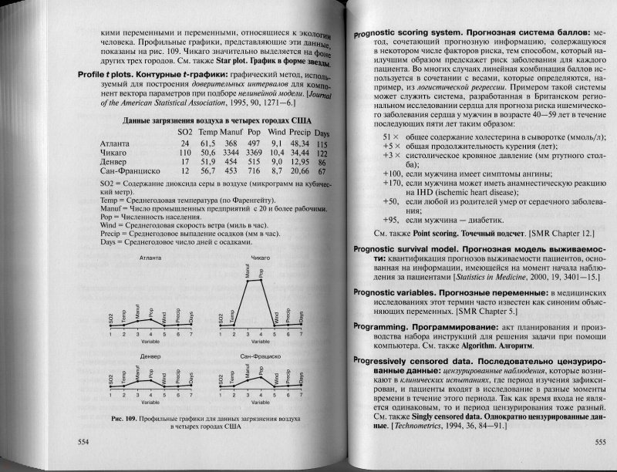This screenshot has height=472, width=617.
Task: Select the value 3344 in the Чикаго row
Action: (x=209, y=154)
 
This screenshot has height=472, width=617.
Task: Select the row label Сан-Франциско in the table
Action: (x=125, y=172)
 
